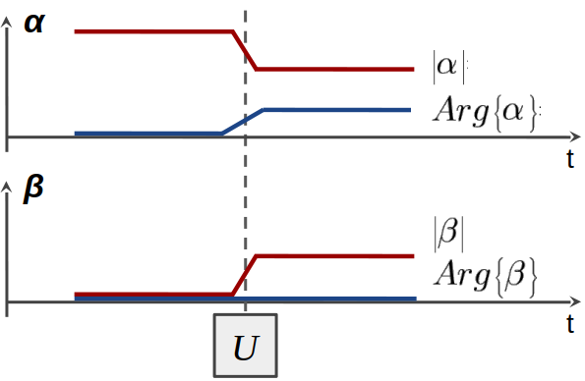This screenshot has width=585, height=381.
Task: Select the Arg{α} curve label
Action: [486, 111]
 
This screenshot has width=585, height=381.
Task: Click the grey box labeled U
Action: [246, 345]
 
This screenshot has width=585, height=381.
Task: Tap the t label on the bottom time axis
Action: [570, 323]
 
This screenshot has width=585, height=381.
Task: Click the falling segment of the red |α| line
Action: [245, 50]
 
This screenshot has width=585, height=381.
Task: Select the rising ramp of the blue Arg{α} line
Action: [243, 121]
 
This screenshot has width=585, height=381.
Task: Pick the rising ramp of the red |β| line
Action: [244, 274]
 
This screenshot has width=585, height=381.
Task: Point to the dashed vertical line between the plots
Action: [245, 196]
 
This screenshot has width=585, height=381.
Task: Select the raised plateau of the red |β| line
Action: [334, 256]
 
